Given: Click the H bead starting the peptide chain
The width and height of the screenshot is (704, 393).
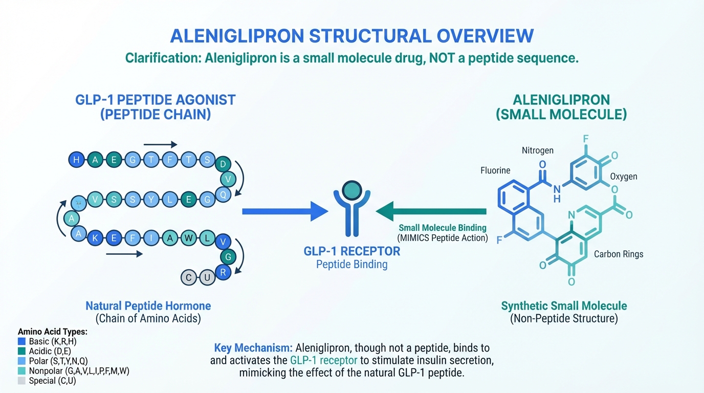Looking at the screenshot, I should pyautogui.click(x=76, y=160).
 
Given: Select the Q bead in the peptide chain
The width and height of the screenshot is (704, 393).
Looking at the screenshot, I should pyautogui.click(x=223, y=194).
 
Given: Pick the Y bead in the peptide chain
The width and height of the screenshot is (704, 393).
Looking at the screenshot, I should pyautogui.click(x=151, y=200).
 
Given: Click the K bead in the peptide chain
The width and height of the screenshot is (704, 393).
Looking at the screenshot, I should pyautogui.click(x=95, y=237).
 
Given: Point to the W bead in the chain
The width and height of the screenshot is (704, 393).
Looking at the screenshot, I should pyautogui.click(x=189, y=237).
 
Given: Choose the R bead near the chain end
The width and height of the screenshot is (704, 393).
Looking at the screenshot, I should pyautogui.click(x=223, y=272).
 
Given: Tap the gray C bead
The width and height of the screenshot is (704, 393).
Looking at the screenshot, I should pyautogui.click(x=189, y=278).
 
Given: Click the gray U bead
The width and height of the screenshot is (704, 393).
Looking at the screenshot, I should pyautogui.click(x=207, y=278).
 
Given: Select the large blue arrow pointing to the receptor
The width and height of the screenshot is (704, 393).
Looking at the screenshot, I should pyautogui.click(x=284, y=211).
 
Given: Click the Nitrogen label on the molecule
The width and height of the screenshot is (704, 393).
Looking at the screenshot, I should pyautogui.click(x=537, y=150).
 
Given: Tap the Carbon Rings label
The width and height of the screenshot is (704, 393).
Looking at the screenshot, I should pyautogui.click(x=619, y=254).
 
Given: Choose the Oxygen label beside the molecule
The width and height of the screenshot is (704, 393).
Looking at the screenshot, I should pyautogui.click(x=624, y=177).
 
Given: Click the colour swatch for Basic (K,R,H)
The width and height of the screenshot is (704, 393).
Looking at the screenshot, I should pyautogui.click(x=21, y=341).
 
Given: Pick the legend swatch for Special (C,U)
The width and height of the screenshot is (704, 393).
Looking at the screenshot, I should pyautogui.click(x=21, y=381).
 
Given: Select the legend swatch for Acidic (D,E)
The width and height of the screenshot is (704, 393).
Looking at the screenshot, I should pyautogui.click(x=21, y=351).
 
